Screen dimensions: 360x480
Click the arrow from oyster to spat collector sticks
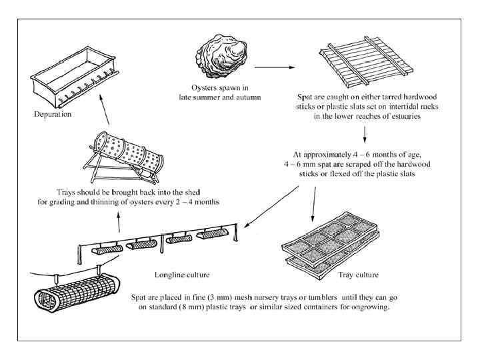(x=275, y=67)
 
